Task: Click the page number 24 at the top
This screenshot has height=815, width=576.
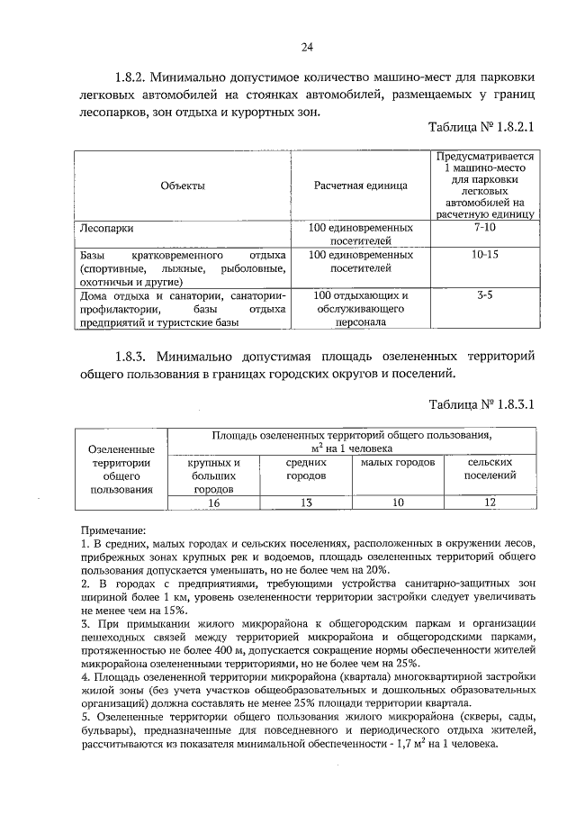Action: click(307, 47)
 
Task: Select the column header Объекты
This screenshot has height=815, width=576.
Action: click(183, 186)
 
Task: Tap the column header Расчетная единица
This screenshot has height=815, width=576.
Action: click(360, 186)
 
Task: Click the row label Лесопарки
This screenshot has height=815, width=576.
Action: click(106, 229)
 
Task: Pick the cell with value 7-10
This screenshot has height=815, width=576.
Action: click(484, 229)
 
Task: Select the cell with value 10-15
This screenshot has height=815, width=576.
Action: click(484, 255)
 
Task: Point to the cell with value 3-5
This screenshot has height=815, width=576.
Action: click(484, 294)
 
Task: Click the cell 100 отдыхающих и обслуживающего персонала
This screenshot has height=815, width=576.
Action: click(360, 307)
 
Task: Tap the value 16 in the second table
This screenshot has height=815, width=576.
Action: click(214, 503)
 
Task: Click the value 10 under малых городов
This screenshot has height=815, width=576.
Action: click(397, 503)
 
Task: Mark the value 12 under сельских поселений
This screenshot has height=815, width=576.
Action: click(490, 503)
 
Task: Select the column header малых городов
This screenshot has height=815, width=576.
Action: click(397, 462)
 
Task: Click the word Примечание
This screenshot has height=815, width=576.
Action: click(112, 531)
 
